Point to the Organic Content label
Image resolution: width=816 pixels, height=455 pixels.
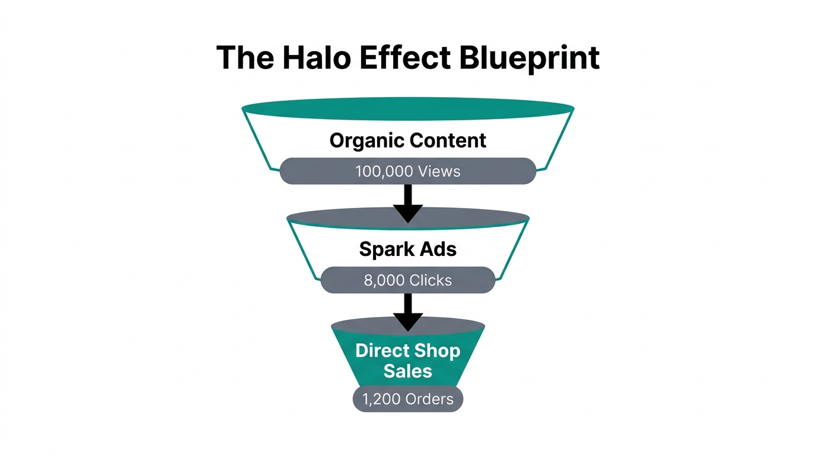point(408,141)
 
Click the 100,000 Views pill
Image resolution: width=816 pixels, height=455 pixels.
point(408,171)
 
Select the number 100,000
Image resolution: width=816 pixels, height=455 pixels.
point(384,171)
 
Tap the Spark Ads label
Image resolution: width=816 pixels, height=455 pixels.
point(408,249)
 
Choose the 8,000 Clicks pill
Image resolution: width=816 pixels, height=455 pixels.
point(408,280)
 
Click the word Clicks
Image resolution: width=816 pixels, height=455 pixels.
point(431,280)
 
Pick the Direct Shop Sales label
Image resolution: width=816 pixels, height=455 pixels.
point(408,360)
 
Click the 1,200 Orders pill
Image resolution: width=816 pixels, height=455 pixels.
point(408,399)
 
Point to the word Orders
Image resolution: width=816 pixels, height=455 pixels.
point(430,399)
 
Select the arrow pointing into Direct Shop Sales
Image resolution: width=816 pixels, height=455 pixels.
point(408,312)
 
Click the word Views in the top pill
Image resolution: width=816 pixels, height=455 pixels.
point(439,171)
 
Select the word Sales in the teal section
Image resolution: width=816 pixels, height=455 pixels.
point(408,371)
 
